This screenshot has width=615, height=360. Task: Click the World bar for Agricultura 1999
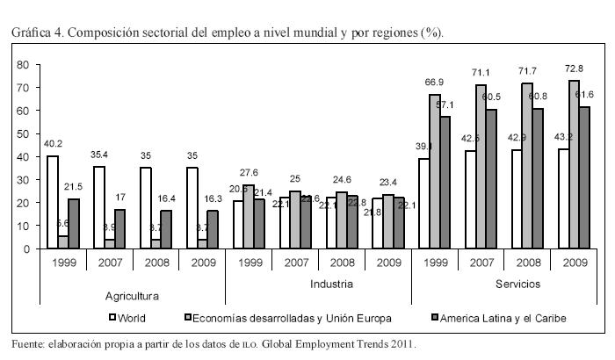tap(53, 202)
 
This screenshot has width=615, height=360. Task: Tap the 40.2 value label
tap(54, 144)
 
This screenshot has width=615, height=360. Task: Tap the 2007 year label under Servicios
tap(481, 263)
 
